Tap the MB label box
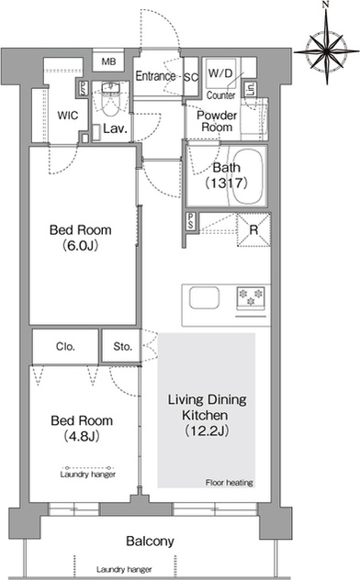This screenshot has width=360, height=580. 108,61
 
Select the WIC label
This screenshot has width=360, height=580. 68,116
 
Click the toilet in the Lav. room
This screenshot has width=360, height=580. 110,99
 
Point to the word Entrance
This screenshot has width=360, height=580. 155,76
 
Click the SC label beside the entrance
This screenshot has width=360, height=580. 191,77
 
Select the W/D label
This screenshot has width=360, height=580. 220,73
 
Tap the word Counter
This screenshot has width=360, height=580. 221,95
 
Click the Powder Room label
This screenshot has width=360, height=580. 217,121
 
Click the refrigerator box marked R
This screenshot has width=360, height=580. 253,229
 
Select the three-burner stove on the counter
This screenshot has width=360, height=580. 251,298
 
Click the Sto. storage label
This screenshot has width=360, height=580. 123,347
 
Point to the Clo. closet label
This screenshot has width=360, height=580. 65,347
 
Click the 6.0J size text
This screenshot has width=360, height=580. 80,246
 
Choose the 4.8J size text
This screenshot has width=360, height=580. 82,437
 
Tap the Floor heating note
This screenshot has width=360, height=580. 230,483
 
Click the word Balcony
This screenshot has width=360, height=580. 150,541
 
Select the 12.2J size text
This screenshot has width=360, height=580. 208,430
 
